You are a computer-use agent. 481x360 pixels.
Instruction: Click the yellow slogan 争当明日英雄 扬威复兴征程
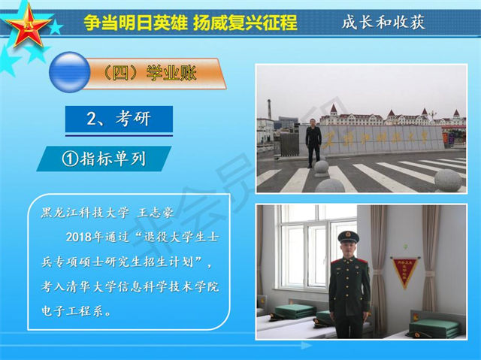190,23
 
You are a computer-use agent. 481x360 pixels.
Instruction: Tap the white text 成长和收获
383,22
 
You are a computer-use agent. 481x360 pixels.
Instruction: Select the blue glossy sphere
70,72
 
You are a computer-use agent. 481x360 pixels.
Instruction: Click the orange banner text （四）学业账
150,74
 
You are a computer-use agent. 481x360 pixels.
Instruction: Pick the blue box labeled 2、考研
119,119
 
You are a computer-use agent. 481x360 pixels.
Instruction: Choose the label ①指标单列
104,159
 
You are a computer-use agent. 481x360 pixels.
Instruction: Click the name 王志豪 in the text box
156,213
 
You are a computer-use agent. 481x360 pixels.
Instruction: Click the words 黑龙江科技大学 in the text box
85,213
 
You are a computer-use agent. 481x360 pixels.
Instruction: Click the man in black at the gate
313,143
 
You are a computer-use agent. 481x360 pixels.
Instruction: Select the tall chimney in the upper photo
269,109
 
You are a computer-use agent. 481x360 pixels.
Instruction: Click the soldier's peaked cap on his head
348,237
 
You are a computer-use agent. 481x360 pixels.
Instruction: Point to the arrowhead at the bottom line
306,346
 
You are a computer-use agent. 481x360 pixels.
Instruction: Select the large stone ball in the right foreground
448,180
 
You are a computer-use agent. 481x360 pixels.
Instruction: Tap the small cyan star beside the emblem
56,27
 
